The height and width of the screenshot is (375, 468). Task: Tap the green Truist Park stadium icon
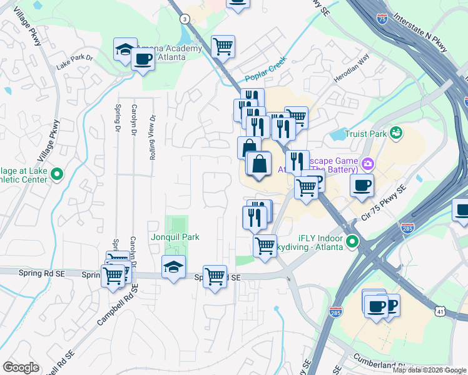(395, 132)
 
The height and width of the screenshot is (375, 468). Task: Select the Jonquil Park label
(175, 237)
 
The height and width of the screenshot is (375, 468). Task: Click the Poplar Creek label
(265, 69)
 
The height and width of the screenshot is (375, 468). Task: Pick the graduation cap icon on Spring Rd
(173, 267)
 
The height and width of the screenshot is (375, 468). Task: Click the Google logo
(21, 367)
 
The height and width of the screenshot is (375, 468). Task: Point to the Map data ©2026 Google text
(430, 370)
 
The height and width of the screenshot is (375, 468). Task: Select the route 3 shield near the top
(185, 19)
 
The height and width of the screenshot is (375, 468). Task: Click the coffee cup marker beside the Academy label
(143, 60)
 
